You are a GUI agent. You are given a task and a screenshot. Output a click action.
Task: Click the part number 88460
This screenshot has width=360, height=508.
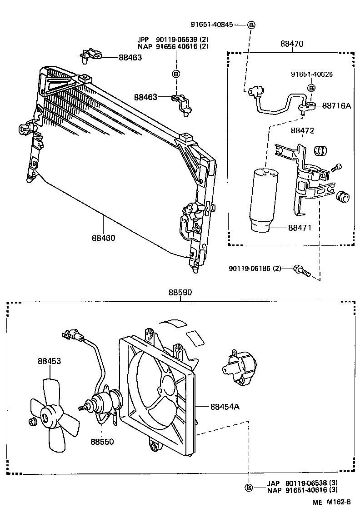point(103,238)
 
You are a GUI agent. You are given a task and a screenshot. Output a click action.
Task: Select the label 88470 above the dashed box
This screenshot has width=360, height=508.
point(292,44)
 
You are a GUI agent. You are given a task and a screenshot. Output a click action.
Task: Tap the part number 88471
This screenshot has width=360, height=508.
point(299,227)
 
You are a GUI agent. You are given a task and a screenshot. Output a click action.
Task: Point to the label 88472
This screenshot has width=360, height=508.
point(303,130)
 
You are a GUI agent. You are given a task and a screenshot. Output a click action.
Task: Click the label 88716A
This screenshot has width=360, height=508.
point(336,105)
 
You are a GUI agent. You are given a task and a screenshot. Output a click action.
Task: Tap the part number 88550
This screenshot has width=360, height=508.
point(101,441)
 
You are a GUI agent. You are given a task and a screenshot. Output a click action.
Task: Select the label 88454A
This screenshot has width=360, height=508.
point(225,407)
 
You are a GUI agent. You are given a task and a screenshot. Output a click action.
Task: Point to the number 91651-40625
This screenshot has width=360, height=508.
point(312,74)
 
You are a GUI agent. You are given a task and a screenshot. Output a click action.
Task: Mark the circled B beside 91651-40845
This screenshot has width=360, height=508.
point(251,25)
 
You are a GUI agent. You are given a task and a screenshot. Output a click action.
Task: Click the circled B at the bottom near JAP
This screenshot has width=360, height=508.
point(249,488)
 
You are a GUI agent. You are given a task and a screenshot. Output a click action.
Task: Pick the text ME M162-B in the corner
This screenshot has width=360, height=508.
point(331,502)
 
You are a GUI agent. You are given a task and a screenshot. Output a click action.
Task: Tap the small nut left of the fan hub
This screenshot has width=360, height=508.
point(32,423)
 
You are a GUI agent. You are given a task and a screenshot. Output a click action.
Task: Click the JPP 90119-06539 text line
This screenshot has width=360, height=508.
point(173,40)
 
